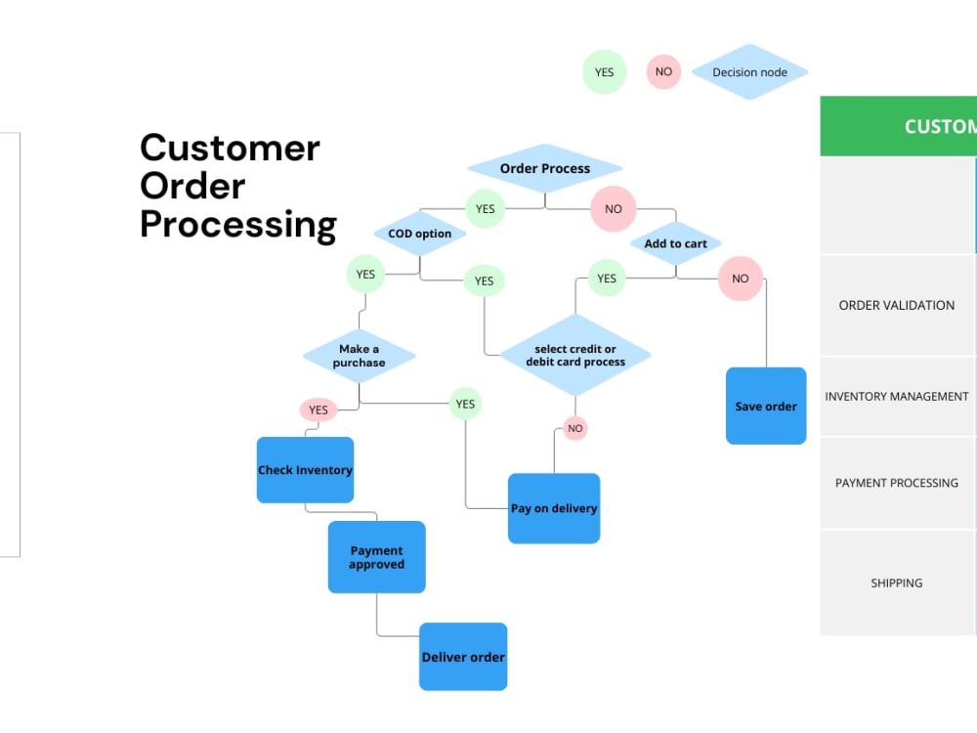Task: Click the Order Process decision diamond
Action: click(x=544, y=168)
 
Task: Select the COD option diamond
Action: click(x=420, y=234)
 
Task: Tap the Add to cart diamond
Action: click(x=675, y=243)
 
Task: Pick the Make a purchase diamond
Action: click(x=359, y=356)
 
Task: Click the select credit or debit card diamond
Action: click(x=574, y=355)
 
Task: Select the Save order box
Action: click(x=766, y=406)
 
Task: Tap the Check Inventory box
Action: click(x=305, y=470)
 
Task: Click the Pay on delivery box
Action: click(x=554, y=508)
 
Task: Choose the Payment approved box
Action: click(x=376, y=557)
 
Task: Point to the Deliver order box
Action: click(x=463, y=657)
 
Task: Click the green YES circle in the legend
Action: click(x=604, y=72)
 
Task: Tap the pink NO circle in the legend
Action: click(x=663, y=72)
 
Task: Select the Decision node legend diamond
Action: click(x=749, y=72)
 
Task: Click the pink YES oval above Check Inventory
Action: click(x=319, y=410)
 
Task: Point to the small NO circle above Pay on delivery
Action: click(x=575, y=428)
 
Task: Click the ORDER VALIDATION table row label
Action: click(x=896, y=305)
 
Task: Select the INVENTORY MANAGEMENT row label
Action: click(x=896, y=396)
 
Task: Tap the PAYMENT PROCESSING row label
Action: click(x=896, y=483)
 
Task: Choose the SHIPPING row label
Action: click(x=896, y=582)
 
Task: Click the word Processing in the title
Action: click(x=238, y=224)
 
